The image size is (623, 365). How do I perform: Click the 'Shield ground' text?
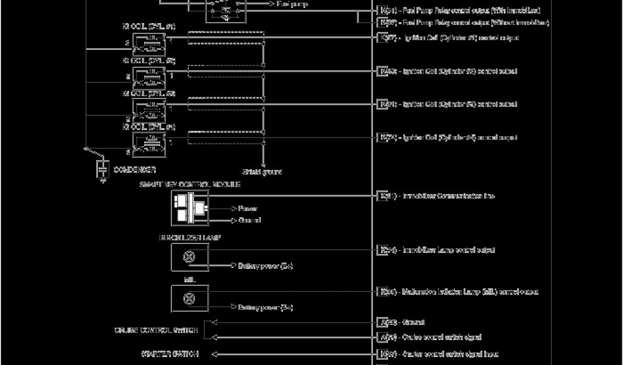pos(263,172)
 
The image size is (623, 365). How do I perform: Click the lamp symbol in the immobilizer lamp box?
pos(189,257)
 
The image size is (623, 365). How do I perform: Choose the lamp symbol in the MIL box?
pos(189,299)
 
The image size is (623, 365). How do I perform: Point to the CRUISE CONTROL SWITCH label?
pos(156,330)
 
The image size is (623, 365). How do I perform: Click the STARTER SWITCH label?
pos(169,353)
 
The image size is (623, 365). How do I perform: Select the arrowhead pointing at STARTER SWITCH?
pos(214,353)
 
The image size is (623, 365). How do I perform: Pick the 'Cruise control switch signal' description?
pos(442,337)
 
